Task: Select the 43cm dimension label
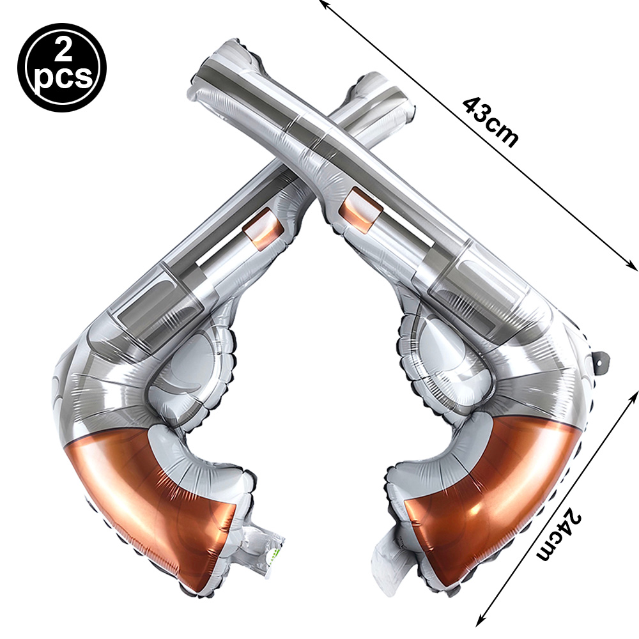(x=491, y=122)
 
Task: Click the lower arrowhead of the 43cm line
(x=633, y=265)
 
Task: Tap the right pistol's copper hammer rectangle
(x=360, y=210)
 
